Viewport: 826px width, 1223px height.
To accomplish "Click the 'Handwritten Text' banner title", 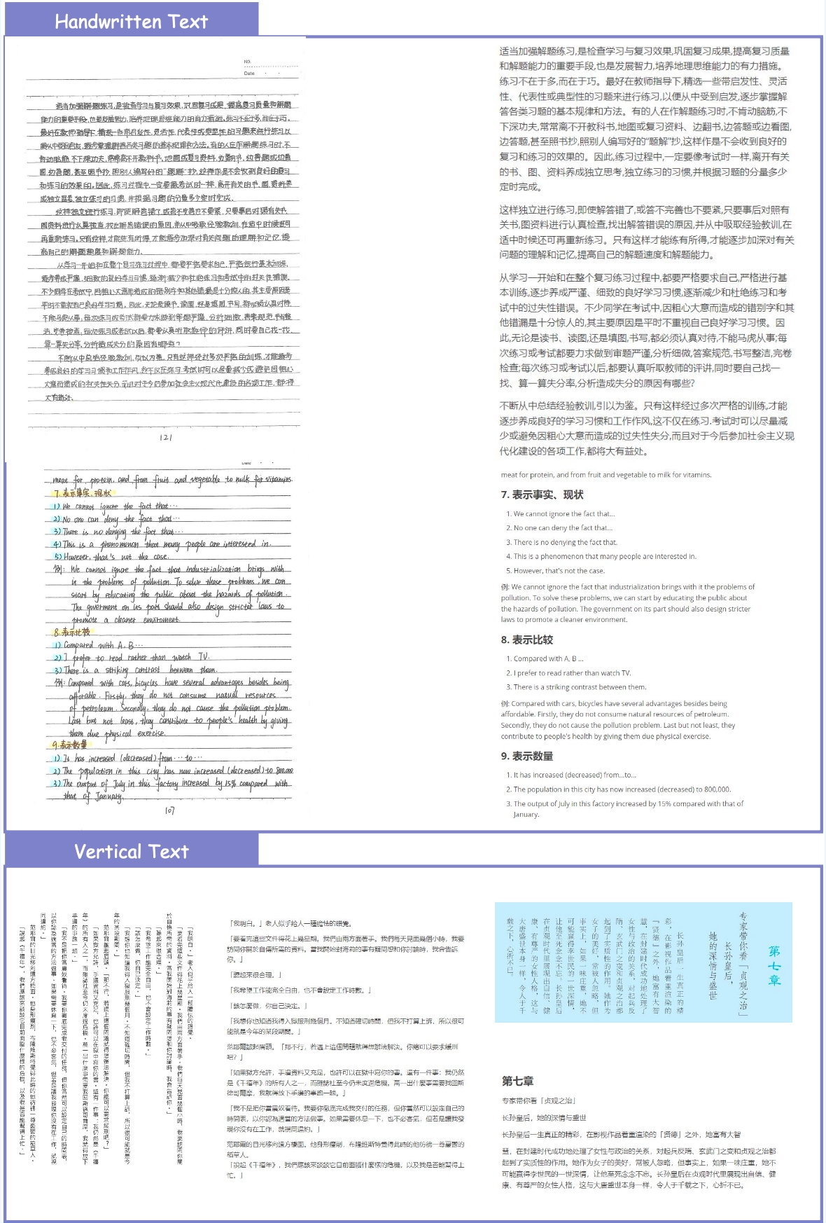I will click(131, 22).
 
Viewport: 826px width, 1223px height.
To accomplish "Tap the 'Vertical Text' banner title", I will click(131, 852).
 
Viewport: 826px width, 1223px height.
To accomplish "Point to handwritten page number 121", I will click(166, 437).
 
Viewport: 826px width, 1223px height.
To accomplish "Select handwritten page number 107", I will click(169, 810).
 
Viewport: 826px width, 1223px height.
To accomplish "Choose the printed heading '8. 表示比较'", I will click(526, 640).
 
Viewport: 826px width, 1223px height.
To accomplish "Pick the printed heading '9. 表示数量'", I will click(526, 756).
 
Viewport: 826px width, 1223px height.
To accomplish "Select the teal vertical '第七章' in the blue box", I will click(774, 965).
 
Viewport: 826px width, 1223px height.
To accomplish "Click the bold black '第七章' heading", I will click(517, 1081).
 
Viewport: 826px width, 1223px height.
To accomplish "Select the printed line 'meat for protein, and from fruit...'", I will click(606, 475).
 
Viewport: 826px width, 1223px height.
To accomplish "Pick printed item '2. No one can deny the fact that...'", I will click(559, 528).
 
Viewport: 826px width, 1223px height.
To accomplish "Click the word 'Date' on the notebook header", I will click(249, 73).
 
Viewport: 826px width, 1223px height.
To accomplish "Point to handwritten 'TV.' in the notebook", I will click(204, 656).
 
